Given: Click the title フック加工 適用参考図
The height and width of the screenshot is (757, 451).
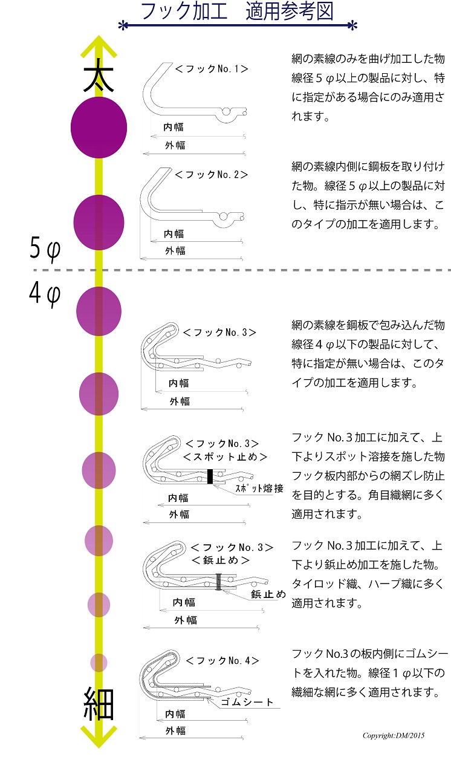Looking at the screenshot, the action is point(237,11).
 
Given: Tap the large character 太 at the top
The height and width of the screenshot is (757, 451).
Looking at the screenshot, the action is point(99,76).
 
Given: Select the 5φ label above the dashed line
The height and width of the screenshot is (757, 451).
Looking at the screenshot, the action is point(45,249).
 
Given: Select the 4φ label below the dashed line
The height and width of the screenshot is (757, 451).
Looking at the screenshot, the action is point(45,294).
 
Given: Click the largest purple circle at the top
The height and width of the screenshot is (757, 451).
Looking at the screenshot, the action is point(99,128).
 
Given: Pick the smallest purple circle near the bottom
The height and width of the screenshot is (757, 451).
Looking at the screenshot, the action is point(99,663).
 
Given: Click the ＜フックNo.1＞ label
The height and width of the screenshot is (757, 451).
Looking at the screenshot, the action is point(212,69).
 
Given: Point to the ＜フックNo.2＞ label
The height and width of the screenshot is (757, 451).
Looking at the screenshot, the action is point(212,174).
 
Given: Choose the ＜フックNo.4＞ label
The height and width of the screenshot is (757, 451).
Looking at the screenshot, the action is point(222,661).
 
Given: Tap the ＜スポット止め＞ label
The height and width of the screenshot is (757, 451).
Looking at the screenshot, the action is point(225,457).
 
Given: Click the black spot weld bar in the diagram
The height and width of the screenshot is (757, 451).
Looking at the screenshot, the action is point(210,476).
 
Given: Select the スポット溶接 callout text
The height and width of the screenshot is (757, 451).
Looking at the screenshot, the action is point(259,489).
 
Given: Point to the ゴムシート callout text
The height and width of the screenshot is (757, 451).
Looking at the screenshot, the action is point(247,702).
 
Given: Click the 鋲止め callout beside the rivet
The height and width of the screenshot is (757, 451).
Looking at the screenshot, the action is point(268,594).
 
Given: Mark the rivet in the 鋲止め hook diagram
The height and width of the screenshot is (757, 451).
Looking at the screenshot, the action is point(219,582).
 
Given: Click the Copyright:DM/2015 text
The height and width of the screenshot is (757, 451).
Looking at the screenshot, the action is point(394,735).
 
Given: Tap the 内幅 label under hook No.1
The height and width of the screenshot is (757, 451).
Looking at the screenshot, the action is point(174,127).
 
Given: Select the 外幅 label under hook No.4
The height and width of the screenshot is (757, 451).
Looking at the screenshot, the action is point(176,731).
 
